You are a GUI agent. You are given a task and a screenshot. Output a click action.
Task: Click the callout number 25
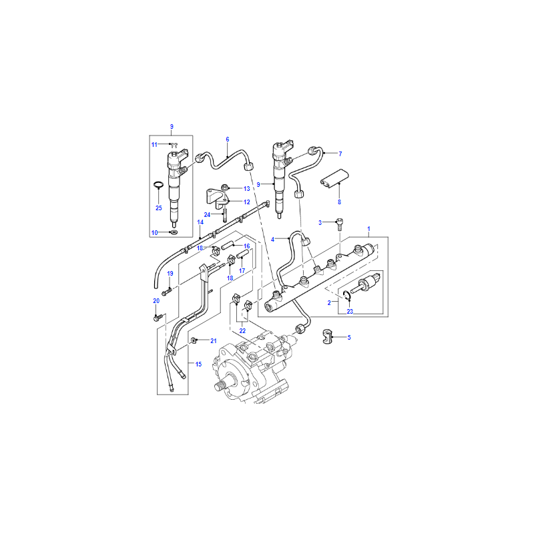[x=159, y=208]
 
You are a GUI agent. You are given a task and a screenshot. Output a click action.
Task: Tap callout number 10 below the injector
[x=155, y=232]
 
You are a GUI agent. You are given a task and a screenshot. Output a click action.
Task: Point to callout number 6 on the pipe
[x=228, y=140]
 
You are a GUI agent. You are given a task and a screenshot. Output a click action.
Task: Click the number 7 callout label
[x=340, y=154]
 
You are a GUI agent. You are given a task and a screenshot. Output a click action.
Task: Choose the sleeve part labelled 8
[x=334, y=179]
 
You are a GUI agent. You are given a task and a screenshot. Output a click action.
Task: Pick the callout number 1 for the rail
[x=368, y=229]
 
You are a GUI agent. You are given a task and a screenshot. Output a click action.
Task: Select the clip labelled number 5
[x=327, y=336]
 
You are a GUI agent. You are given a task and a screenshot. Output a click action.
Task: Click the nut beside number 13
[x=225, y=187]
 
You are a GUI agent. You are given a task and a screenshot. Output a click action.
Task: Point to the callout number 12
[x=247, y=202]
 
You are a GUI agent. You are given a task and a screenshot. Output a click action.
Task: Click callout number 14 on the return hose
[x=200, y=222]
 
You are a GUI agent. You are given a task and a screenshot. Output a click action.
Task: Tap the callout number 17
[x=242, y=271]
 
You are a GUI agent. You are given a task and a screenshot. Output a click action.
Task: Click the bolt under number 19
[x=167, y=292]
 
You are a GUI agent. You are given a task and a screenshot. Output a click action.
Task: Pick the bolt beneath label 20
[x=157, y=318]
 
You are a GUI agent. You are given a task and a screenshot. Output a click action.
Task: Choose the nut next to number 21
[x=194, y=340]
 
